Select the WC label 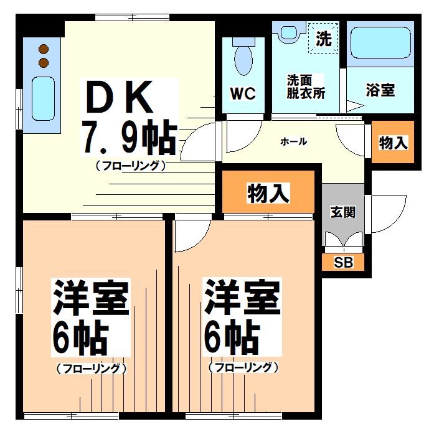(x=243, y=93)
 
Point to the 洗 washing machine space (x=323, y=39)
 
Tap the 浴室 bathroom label (x=379, y=90)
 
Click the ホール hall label (x=293, y=142)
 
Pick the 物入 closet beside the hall (x=393, y=143)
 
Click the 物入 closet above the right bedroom (x=268, y=194)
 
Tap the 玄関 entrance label (x=343, y=212)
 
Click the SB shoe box (x=343, y=262)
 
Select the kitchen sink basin (x=43, y=99)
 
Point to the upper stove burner (x=44, y=49)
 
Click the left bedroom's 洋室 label (x=91, y=299)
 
